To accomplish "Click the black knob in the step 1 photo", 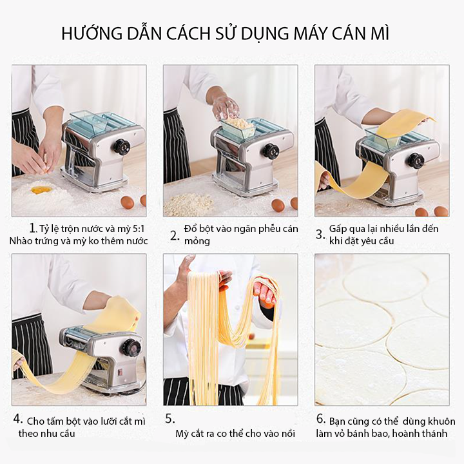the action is click(x=122, y=146).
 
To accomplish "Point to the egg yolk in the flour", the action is click(x=41, y=189).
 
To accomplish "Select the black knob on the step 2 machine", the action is click(x=271, y=150).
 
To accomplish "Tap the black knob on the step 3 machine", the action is click(x=417, y=161).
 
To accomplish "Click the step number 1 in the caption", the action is click(x=33, y=228).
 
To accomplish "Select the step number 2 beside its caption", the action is click(x=175, y=236).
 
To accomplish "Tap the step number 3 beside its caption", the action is click(x=320, y=235).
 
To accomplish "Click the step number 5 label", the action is click(x=170, y=419).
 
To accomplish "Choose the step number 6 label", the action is click(x=321, y=419).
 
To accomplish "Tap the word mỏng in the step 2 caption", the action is click(x=197, y=242).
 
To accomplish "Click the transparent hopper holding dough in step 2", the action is click(x=238, y=128).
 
